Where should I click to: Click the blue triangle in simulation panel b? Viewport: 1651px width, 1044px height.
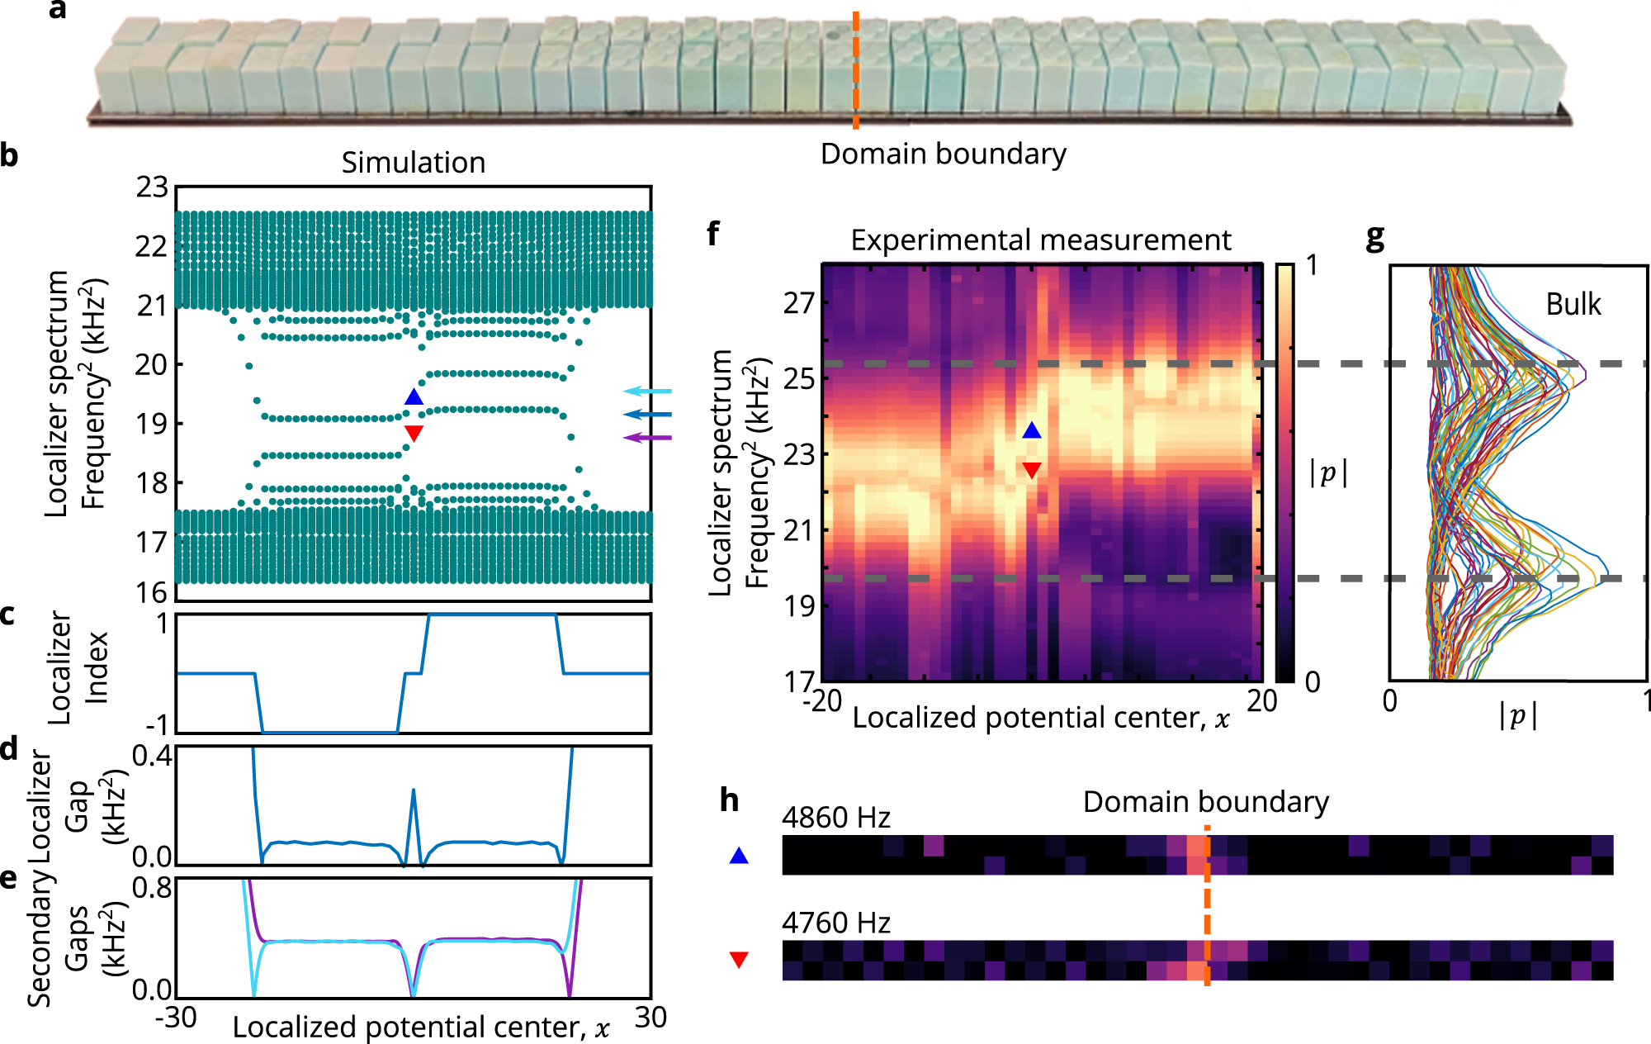coord(414,397)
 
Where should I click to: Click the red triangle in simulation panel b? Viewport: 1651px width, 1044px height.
coord(414,433)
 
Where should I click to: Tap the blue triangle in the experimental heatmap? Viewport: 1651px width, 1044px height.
coord(1032,430)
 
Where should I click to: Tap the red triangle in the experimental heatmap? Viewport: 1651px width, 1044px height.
coord(1032,470)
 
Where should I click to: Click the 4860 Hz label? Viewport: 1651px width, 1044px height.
coord(835,818)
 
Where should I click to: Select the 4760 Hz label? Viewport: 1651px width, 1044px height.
coord(835,923)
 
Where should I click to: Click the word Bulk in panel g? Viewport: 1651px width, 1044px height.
coord(1573,305)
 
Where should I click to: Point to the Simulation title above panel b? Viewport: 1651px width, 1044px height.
coord(413,163)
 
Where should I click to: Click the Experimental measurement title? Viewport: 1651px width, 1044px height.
coord(1040,240)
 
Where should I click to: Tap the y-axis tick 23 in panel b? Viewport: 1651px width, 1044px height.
coord(152,187)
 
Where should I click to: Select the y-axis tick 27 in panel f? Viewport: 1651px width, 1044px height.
coord(798,303)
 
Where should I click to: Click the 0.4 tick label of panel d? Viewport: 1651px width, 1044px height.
coord(153,755)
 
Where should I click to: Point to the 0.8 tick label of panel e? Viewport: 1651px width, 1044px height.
coord(153,888)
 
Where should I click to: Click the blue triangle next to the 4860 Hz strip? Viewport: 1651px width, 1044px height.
coord(739,857)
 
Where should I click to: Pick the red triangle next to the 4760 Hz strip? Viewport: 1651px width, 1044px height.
coord(739,959)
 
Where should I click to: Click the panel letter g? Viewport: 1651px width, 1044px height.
coord(1374,237)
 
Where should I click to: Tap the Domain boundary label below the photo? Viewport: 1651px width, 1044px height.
coord(943,154)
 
